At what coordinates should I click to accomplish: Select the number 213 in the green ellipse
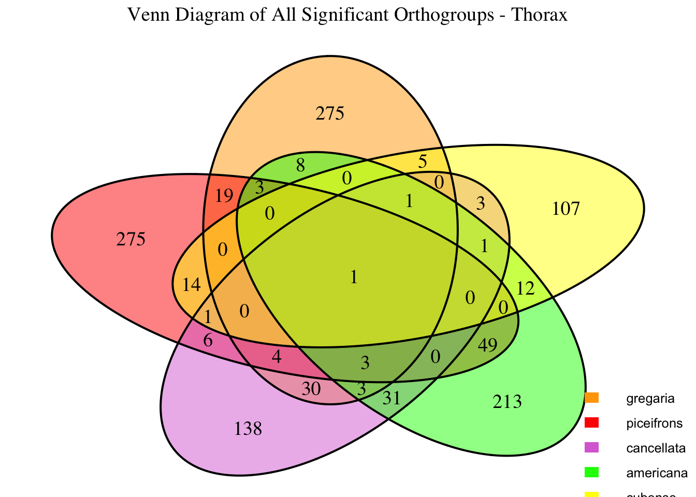click(507, 401)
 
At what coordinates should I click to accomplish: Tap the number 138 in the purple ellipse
click(249, 429)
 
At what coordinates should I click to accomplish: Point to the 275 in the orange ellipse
click(330, 113)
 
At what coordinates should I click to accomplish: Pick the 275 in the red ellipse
click(131, 240)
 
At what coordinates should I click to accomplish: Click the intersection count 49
click(488, 345)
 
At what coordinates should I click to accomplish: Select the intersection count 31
click(392, 398)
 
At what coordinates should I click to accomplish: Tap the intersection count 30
click(311, 388)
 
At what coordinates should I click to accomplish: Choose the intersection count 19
click(224, 196)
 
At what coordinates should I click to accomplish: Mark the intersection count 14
click(192, 284)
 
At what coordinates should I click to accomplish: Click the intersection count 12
click(526, 288)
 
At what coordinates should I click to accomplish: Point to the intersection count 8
click(300, 166)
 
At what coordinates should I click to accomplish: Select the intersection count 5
click(422, 162)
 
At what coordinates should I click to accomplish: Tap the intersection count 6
click(208, 341)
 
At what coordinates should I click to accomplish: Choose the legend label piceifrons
click(654, 423)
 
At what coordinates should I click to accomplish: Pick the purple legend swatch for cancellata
click(591, 447)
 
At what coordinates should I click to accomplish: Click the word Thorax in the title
click(540, 15)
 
